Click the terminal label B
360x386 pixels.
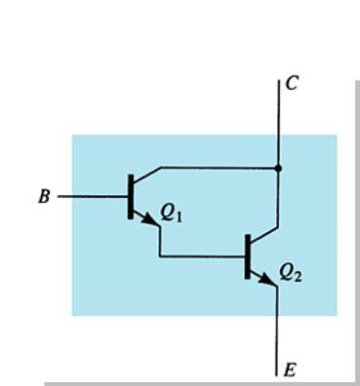coord(44,197)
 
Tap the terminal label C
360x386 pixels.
coord(293,84)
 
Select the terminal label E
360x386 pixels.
coord(290,369)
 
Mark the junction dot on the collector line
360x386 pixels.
coord(279,168)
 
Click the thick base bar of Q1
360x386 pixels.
coord(131,196)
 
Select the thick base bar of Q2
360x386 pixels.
coord(249,255)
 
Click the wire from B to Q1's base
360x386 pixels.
coord(93,196)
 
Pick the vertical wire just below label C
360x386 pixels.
coord(279,122)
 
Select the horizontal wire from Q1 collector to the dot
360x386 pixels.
coord(220,168)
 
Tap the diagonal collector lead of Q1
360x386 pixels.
coord(146,176)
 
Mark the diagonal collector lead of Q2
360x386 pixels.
coord(265,235)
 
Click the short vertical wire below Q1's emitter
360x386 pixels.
coord(160,242)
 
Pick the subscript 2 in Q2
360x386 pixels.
coord(298,277)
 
